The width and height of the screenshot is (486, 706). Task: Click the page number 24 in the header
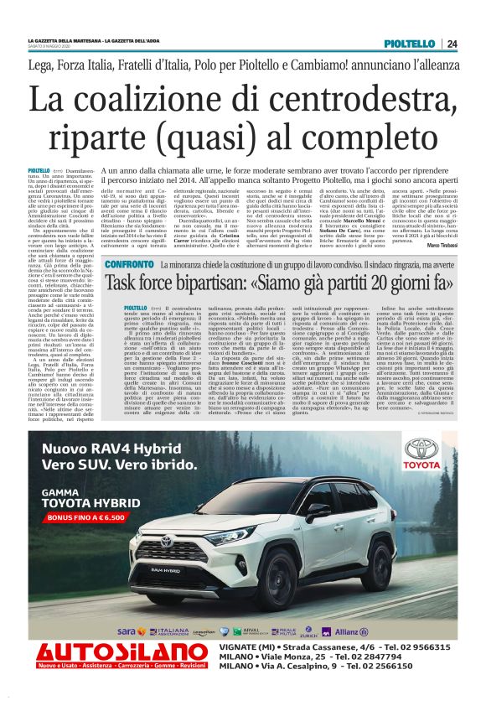click(452, 44)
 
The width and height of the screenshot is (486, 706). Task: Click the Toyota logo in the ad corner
click(422, 457)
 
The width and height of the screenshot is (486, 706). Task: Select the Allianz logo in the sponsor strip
click(350, 631)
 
